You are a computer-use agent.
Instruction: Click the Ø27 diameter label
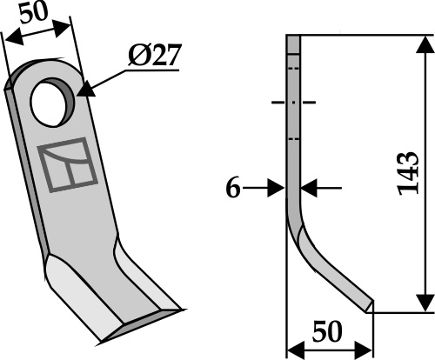point(155,55)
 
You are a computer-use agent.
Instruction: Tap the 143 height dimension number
point(409,173)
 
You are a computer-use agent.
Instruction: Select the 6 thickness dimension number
point(233,188)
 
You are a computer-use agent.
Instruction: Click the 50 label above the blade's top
point(34,14)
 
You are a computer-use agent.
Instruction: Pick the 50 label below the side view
point(327,331)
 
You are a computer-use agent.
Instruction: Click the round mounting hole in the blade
point(52,102)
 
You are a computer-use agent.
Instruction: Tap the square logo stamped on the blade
point(67,164)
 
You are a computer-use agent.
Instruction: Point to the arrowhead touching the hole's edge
point(86,90)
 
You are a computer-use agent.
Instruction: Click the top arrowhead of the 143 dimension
point(425,45)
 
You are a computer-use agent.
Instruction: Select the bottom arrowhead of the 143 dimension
point(425,303)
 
